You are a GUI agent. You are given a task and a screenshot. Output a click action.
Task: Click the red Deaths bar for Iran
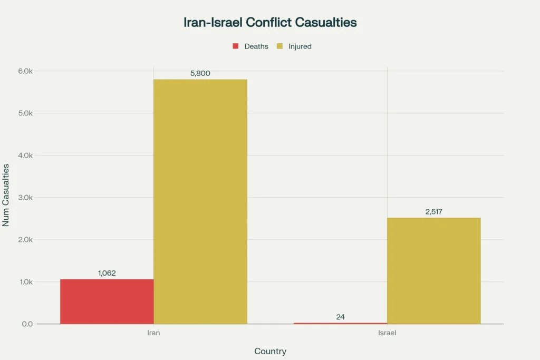[x=107, y=301]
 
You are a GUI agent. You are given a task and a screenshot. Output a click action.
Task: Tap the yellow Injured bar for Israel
[x=433, y=270]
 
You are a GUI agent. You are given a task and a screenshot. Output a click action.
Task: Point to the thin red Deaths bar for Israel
[x=340, y=323]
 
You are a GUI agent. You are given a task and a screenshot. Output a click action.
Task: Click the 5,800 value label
[x=200, y=73]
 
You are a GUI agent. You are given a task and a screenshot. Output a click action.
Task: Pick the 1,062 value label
[x=107, y=273]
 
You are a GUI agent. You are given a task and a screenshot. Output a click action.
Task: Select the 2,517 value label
[x=433, y=212]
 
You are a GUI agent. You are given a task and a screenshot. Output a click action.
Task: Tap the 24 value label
[x=340, y=317]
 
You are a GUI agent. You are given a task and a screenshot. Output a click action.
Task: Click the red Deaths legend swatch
[x=236, y=46]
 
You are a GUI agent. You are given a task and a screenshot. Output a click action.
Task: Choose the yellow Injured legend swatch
[x=279, y=46]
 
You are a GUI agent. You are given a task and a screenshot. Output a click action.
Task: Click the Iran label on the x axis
[x=153, y=333]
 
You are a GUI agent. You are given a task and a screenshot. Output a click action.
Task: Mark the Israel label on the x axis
[x=387, y=333]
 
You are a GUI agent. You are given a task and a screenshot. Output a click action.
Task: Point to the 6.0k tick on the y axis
[x=26, y=71]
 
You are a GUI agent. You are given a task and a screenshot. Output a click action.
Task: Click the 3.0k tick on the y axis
[x=26, y=198]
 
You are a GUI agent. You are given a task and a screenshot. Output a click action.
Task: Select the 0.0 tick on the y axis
[x=27, y=324]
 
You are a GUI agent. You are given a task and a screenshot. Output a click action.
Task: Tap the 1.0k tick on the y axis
[x=26, y=282]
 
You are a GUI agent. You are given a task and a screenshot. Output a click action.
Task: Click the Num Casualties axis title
[x=6, y=195]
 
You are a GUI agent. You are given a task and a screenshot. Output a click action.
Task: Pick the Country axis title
[x=270, y=351]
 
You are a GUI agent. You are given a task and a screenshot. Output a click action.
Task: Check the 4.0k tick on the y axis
[x=26, y=155]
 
